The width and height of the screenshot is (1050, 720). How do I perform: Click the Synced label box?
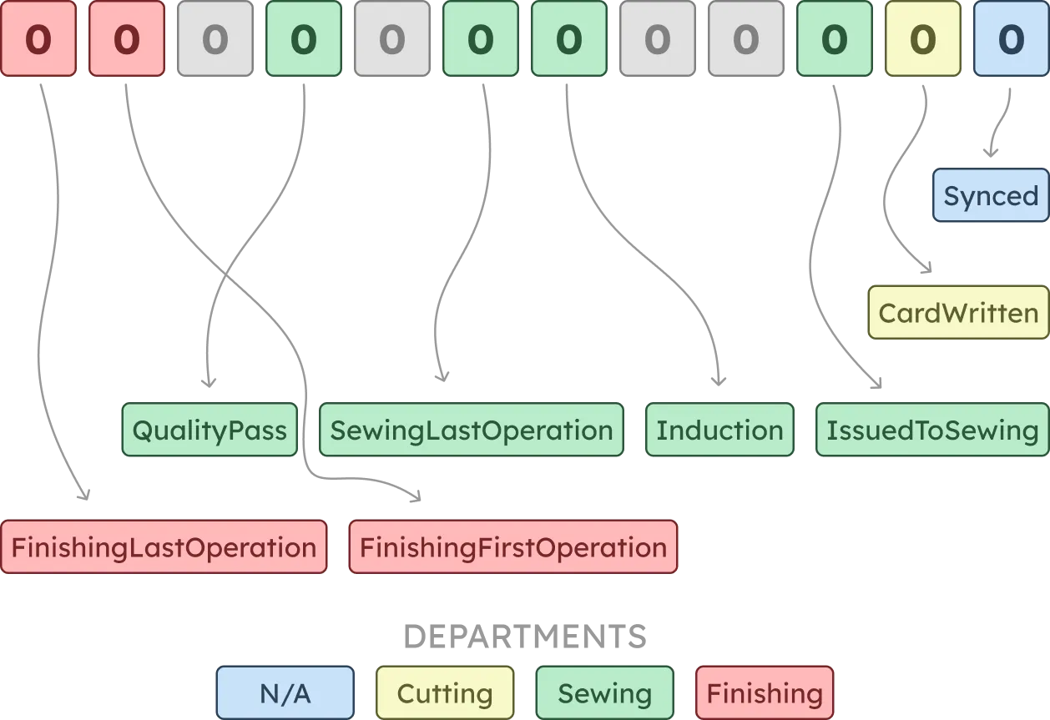pos(990,196)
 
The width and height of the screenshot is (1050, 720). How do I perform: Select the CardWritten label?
pos(958,313)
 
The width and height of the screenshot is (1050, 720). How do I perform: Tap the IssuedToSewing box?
pos(931,430)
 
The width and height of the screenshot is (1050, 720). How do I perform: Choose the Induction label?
pos(719,430)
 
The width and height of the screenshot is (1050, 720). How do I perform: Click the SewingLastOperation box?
pos(472,430)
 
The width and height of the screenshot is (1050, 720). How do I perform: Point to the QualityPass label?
pos(209,430)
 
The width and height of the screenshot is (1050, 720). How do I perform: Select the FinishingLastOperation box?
pos(164,548)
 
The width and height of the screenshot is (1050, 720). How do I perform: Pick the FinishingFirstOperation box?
pos(512,548)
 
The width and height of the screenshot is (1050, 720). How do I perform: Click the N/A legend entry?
pos(285,693)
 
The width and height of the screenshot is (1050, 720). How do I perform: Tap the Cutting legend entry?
pos(445,693)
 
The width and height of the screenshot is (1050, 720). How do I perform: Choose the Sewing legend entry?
pos(604,693)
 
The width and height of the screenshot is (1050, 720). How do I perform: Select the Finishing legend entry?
pos(764,693)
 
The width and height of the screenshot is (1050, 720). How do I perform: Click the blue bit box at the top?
pos(1011,39)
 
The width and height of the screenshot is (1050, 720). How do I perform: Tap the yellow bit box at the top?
pos(922,39)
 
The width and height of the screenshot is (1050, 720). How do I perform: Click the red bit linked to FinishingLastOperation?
pos(38,39)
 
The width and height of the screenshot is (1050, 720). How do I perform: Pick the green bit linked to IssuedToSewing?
pos(834,39)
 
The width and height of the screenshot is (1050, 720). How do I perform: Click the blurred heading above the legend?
pos(524,638)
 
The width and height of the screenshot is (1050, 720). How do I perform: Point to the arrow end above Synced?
pos(991,154)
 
